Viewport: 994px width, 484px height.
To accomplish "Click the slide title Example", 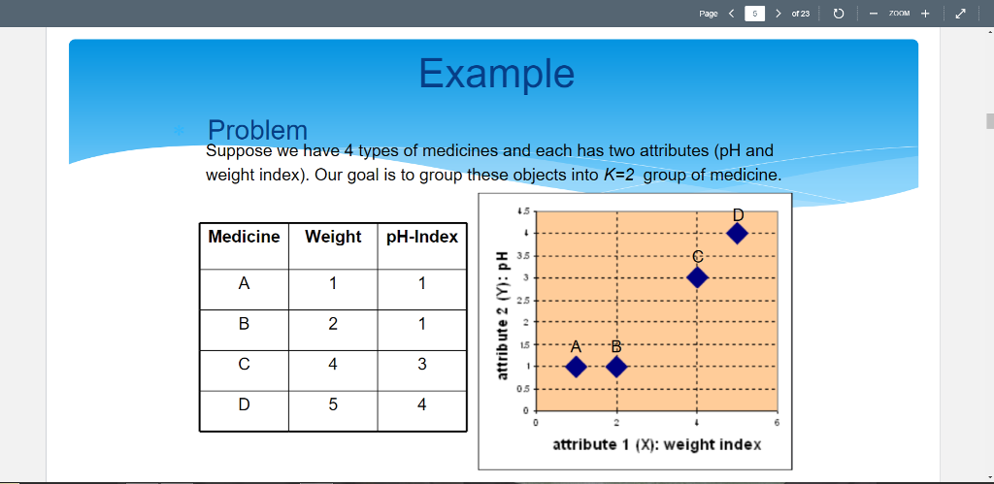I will tap(496, 73).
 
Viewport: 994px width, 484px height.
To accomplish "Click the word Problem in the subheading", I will tap(257, 130).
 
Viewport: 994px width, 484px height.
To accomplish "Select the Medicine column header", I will tap(244, 237).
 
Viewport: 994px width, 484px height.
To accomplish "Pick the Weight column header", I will tap(333, 237).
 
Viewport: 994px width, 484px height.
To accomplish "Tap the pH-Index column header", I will tap(422, 237).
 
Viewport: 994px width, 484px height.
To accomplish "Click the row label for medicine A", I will tap(244, 284).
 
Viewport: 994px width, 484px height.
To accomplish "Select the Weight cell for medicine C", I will tap(333, 364).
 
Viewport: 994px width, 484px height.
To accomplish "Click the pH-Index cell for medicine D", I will tap(422, 404).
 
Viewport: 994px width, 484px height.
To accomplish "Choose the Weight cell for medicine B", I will tap(333, 324).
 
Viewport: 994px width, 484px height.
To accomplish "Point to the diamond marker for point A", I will tap(576, 367).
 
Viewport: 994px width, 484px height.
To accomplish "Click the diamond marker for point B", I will tap(616, 367).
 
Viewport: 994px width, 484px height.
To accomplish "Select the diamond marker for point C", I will tap(697, 277).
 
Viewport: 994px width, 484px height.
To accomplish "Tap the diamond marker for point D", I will tap(737, 234).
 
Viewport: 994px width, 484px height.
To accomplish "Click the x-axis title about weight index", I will tap(656, 444).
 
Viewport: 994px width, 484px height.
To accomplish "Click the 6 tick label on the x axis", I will tap(777, 423).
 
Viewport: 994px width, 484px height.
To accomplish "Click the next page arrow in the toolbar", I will tap(779, 14).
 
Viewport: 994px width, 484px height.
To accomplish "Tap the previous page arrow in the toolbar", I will tap(731, 14).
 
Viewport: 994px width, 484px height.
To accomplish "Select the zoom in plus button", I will tap(925, 14).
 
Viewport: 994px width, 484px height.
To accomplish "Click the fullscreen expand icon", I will tap(961, 14).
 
